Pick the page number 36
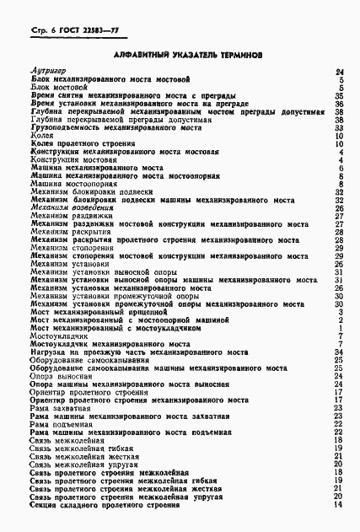[338, 104]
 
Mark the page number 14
[338, 503]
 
